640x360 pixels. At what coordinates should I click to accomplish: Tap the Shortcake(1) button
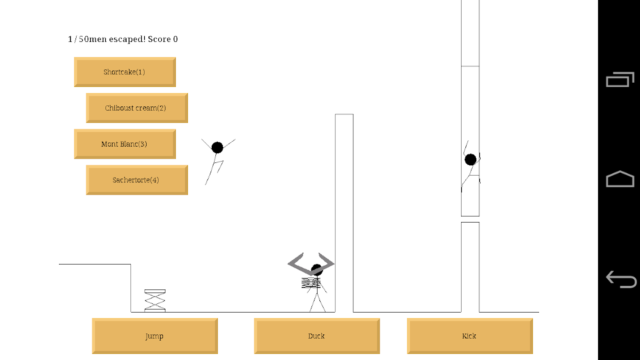click(125, 72)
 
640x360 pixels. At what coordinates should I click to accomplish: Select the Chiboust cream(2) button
click(136, 108)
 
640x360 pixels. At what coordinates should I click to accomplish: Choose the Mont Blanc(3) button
click(125, 144)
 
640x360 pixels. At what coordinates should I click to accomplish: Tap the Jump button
click(155, 336)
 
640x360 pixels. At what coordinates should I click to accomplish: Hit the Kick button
click(470, 336)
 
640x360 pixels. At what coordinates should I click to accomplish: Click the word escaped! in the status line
click(127, 40)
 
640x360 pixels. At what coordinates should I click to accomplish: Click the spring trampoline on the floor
click(155, 300)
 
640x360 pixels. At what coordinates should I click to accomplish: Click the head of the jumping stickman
click(217, 147)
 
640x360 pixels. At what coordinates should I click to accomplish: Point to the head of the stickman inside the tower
click(470, 159)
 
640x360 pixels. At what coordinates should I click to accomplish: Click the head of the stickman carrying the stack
click(316, 269)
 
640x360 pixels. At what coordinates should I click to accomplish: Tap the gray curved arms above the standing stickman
click(311, 261)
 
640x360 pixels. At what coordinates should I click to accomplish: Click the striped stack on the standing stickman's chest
click(311, 283)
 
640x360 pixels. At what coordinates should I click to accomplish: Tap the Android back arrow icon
click(621, 279)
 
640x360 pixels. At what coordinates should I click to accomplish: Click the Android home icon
click(620, 179)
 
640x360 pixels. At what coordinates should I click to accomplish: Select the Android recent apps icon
click(620, 80)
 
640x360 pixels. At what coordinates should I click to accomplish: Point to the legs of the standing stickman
click(317, 302)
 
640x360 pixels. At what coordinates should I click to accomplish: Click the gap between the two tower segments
click(470, 219)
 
